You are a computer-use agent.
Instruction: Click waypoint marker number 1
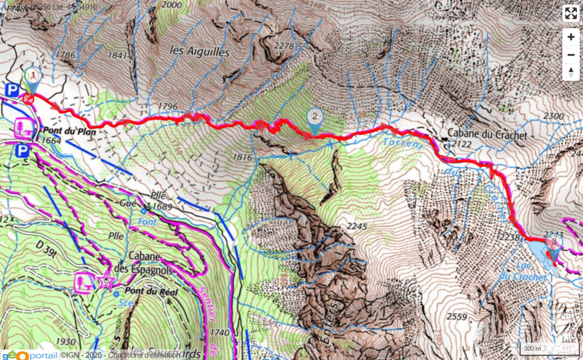pos(33,76)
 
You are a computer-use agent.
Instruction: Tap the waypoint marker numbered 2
pos(314,117)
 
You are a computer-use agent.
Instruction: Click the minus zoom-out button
pos(570,55)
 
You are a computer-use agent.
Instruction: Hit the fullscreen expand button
pos(570,14)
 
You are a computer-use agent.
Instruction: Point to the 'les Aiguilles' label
pos(200,51)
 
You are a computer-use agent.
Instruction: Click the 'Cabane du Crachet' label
pos(484,135)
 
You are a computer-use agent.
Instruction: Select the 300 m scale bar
pos(533,347)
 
